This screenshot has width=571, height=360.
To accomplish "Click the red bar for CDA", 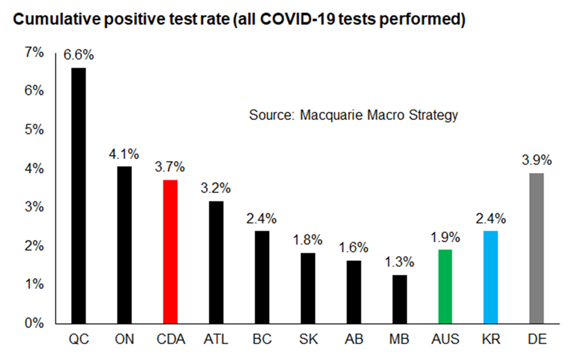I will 170,252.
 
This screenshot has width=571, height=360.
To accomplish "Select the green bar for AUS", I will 445,286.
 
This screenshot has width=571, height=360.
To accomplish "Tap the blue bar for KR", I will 491,277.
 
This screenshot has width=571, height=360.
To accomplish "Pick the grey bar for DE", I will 537,248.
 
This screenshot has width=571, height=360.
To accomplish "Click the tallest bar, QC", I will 79,196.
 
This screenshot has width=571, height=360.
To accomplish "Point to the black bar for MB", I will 400,299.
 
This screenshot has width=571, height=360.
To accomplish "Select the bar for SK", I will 308,288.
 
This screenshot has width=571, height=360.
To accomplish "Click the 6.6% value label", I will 79,55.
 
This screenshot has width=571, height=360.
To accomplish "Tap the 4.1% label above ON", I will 124,154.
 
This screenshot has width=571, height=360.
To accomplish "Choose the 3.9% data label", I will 537,160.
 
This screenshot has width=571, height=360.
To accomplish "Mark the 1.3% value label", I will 399,262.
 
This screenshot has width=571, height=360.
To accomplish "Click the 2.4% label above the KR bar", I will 491,219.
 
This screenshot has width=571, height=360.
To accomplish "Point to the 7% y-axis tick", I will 34,53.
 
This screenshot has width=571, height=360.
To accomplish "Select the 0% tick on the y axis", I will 34,323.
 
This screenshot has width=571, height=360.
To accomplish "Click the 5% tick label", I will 34,130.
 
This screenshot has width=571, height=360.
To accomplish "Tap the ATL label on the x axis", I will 216,339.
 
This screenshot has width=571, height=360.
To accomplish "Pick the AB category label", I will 354,339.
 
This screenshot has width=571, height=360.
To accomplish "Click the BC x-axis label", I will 262,339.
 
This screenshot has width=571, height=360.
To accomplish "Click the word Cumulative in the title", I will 57,19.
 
